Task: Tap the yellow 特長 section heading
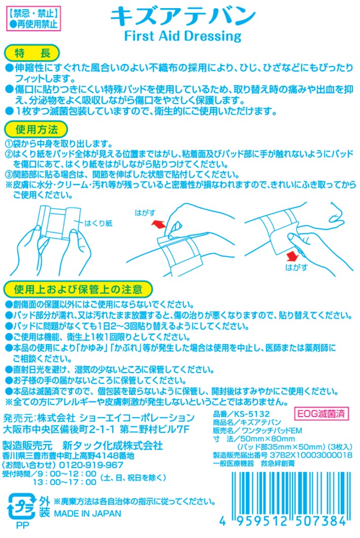coord(31,53)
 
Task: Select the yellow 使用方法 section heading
coord(31,127)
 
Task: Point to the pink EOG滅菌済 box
coord(321,413)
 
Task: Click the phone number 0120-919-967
coord(92,464)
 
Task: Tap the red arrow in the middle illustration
coord(158,223)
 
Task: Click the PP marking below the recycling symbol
coord(22,526)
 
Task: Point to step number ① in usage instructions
coord(9,144)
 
